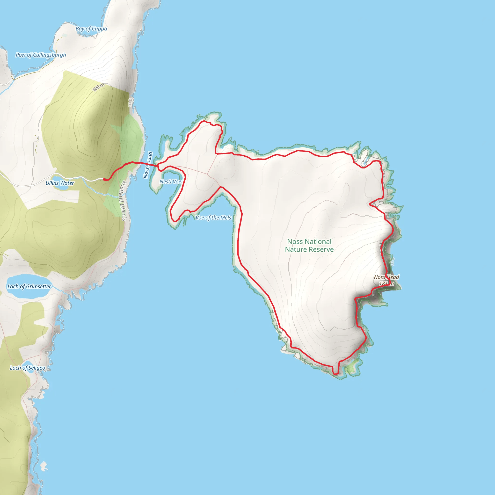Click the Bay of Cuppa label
coord(91,29)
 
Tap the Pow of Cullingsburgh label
coord(41,55)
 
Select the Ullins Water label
coord(60,183)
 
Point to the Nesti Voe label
coord(170,182)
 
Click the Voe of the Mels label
coord(213,218)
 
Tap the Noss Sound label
coord(148,165)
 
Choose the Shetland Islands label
coord(124,201)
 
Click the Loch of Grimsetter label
coord(29,286)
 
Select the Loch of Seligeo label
coord(27,368)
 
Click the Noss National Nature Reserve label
coord(309,246)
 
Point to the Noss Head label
coord(386,277)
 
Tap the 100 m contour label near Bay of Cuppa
coord(98,87)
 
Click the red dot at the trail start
coord(104,180)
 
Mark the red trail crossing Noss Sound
coord(149,164)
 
